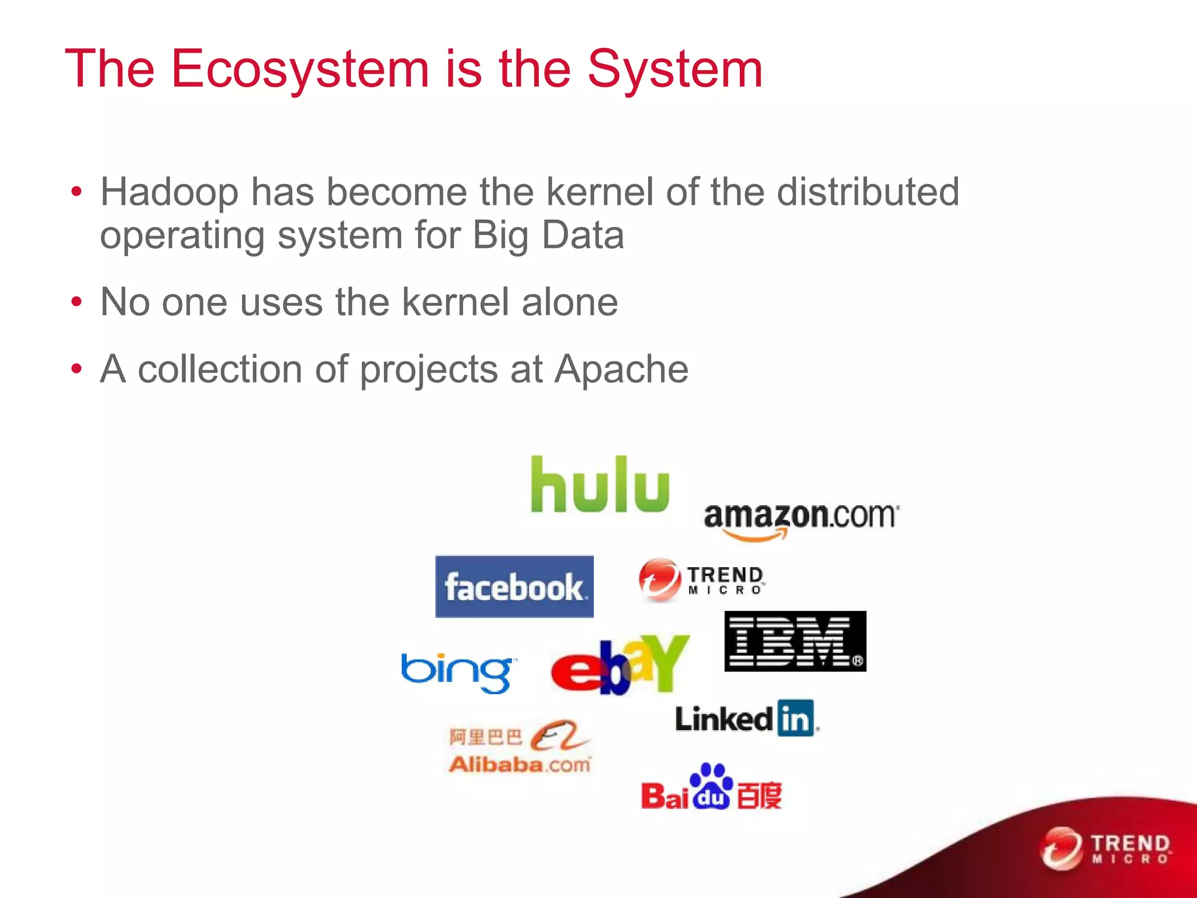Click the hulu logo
pos(600,485)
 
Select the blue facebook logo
pos(514,586)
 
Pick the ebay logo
pos(620,665)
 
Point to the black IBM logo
pos(795,641)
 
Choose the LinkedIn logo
pos(746,718)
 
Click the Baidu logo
pos(711,788)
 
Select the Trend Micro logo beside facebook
pos(701,579)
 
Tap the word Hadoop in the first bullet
pos(169,192)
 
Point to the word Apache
pos(621,369)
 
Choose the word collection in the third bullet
pos(220,369)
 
